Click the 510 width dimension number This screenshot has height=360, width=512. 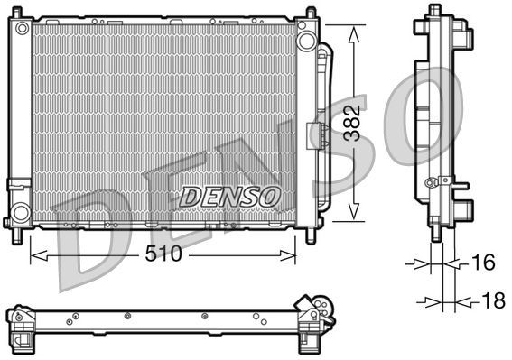163,254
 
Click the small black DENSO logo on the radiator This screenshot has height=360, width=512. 231,196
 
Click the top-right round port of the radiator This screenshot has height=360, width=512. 307,41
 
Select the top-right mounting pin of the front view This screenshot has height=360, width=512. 311,12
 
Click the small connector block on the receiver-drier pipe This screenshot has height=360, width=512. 317,135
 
